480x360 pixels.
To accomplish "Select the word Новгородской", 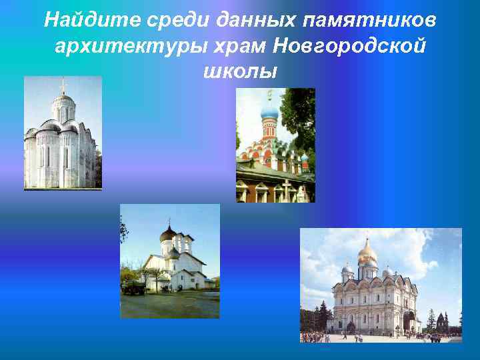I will [339, 47].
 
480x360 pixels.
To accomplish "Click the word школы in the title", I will [239, 71].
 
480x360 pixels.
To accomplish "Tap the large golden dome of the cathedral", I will [367, 251].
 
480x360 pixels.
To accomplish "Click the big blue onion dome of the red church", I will [269, 110].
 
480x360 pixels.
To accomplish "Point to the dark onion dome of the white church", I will [169, 235].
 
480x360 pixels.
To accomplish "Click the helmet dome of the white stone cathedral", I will [63, 101].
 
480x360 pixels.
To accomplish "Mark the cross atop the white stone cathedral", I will [63, 85].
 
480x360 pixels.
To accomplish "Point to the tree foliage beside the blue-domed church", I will [299, 120].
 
